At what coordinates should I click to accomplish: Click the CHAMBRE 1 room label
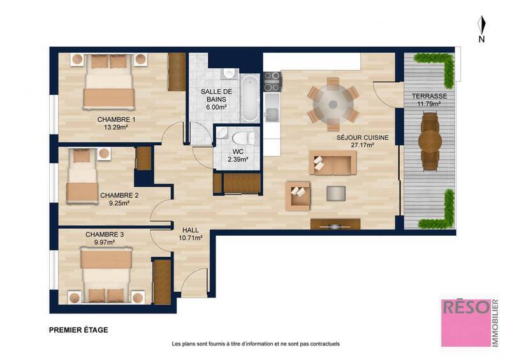click(116, 119)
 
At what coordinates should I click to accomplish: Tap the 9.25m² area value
click(119, 204)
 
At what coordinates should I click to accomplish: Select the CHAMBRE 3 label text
click(105, 234)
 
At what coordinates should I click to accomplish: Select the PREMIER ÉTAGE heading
click(78, 330)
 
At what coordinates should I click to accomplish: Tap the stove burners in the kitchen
click(272, 82)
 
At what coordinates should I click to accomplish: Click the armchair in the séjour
click(298, 196)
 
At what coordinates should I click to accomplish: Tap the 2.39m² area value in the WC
click(237, 160)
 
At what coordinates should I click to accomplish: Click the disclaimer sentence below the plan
click(256, 344)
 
